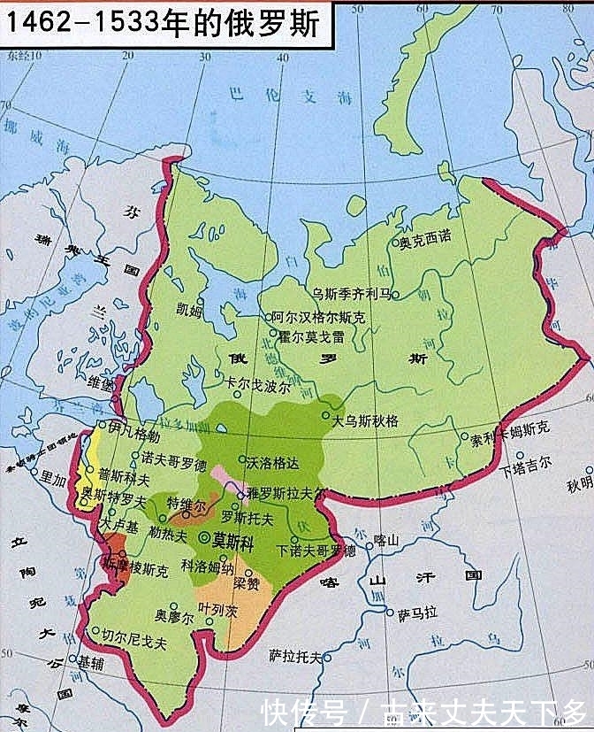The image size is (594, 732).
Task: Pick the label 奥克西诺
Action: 425,239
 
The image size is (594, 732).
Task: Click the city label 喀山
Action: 388,539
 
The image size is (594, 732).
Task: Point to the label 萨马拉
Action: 418,613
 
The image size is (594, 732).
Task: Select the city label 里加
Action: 50,480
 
